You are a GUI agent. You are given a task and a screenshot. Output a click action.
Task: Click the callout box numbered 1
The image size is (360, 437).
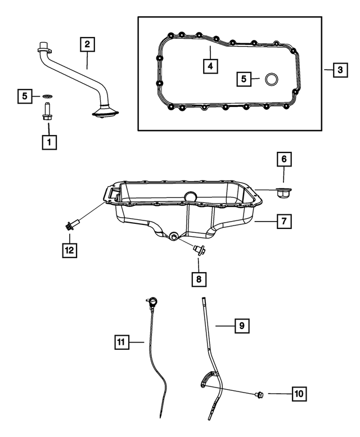coord(49,142)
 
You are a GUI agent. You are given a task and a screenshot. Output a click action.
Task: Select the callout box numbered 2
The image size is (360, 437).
coord(87,43)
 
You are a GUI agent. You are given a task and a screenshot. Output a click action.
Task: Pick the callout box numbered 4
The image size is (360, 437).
coord(210,66)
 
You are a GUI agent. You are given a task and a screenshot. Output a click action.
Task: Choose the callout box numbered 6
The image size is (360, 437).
coord(283,160)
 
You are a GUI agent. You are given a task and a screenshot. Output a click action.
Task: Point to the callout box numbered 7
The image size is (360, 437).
coord(283,222)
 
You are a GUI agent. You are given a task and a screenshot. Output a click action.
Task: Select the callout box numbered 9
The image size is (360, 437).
coord(241,325)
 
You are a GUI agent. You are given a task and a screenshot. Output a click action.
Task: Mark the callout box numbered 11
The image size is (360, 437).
coord(121,341)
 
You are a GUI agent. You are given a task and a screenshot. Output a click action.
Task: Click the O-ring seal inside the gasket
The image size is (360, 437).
coord(271,79)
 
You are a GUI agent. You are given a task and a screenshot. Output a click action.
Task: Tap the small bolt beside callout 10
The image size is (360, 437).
coord(260,394)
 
